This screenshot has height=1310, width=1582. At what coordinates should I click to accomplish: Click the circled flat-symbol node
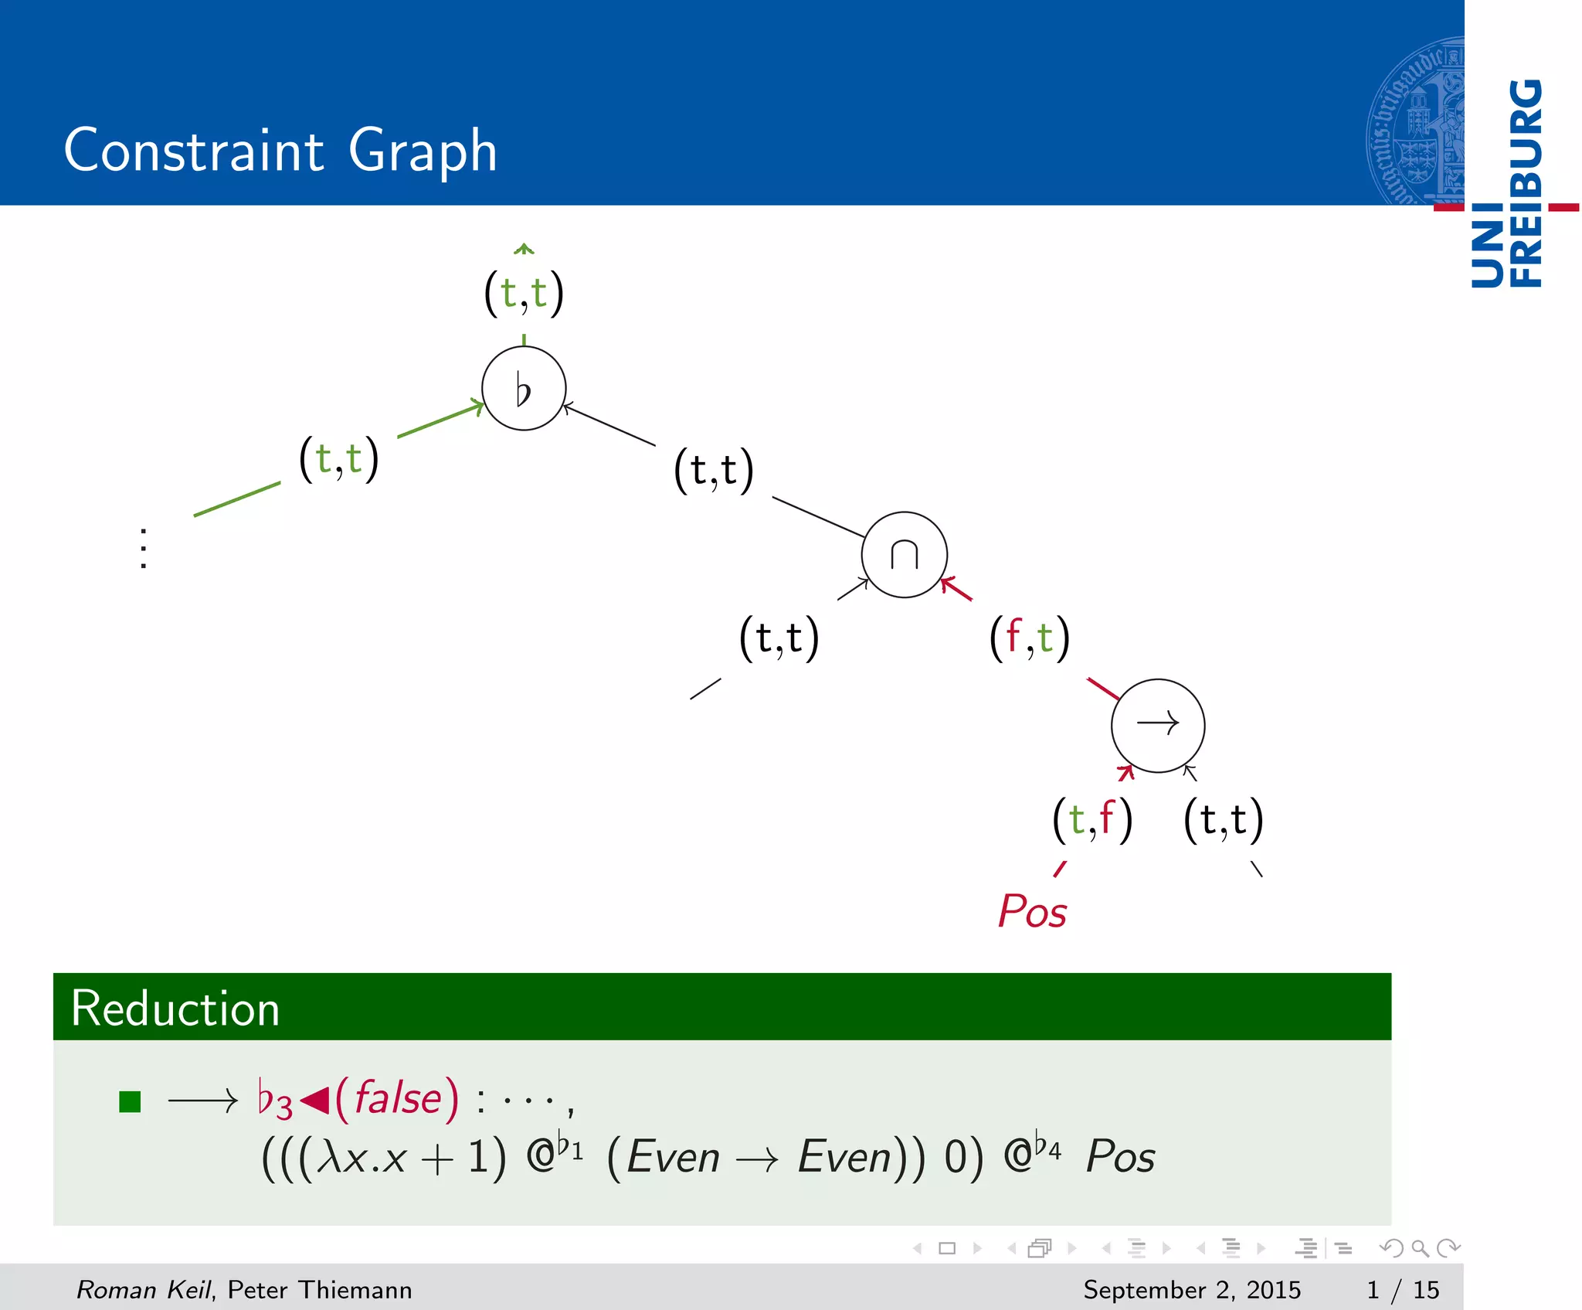click(524, 389)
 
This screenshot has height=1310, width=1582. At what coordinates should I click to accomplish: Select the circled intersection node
click(904, 554)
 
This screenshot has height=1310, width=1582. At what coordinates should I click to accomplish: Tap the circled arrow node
click(1157, 725)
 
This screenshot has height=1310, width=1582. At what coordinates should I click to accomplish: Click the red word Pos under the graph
click(1032, 911)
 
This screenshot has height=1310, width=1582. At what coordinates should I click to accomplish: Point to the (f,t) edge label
click(1030, 638)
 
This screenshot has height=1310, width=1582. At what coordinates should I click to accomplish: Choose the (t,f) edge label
click(1092, 819)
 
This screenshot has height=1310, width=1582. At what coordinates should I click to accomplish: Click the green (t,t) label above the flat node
click(524, 293)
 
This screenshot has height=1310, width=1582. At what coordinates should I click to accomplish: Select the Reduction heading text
click(175, 1009)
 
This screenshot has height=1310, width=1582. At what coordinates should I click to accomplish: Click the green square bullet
click(130, 1101)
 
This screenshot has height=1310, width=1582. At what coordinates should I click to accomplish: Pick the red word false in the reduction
click(398, 1098)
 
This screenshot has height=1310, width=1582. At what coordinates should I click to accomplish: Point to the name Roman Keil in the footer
click(144, 1289)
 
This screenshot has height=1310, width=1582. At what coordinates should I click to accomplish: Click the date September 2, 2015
click(1191, 1289)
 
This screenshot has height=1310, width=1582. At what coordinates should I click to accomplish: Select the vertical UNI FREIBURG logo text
click(1507, 182)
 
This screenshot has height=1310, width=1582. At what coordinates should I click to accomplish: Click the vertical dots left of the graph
click(144, 549)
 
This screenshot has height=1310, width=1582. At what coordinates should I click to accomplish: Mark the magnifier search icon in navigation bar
click(1420, 1248)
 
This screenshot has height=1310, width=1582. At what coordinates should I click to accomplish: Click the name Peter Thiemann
click(320, 1289)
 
